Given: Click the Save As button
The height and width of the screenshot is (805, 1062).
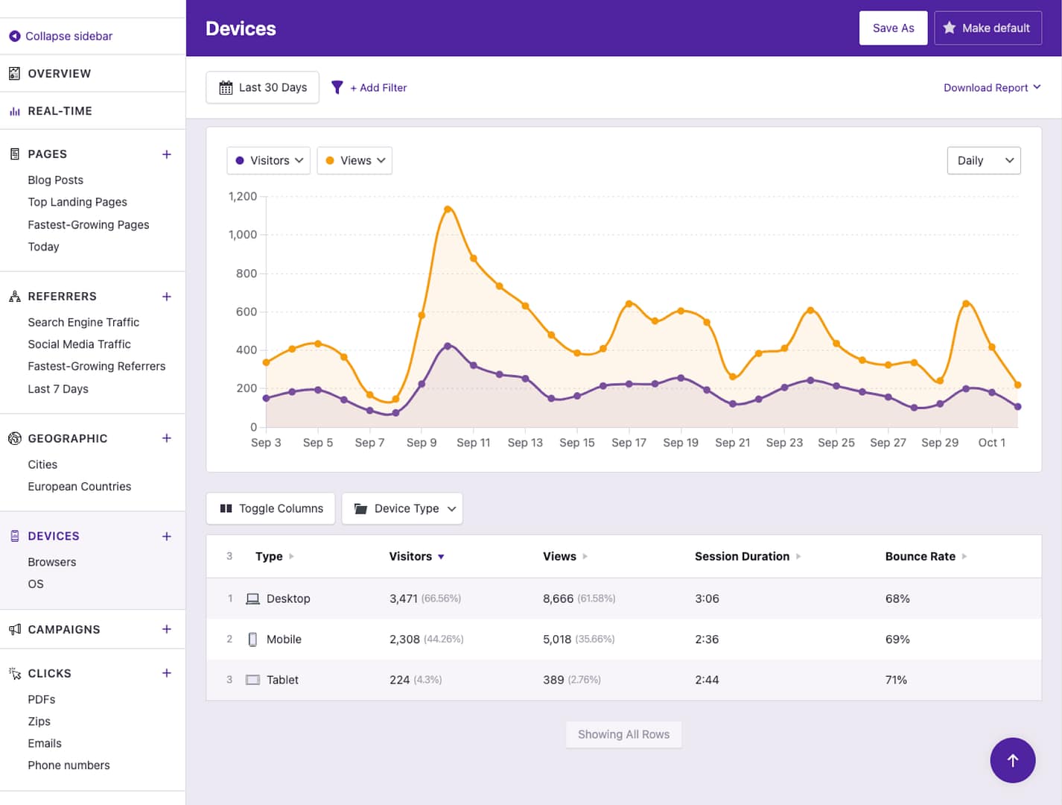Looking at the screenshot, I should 893,28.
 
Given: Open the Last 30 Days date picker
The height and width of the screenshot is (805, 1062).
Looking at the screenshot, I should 262,88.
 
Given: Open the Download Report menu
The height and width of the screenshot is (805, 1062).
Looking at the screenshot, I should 991,88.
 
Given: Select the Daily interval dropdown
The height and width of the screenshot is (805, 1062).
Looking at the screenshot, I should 983,161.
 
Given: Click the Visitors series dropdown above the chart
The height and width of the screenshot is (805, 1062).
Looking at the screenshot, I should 269,161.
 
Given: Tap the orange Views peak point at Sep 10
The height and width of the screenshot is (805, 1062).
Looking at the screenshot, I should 448,209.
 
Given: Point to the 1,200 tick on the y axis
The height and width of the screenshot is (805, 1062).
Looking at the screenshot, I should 243,197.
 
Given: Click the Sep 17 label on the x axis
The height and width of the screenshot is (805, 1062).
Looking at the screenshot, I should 629,443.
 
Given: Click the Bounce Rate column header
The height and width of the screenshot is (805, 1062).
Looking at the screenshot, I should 920,557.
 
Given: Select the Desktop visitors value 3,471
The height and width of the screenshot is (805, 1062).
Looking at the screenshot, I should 404,599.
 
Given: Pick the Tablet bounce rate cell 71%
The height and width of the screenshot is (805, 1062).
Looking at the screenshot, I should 896,681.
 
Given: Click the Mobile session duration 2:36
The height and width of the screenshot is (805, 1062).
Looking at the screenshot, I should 707,640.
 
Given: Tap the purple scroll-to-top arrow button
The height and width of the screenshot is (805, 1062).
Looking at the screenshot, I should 1012,760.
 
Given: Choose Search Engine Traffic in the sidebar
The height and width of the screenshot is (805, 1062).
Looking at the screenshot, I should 83,323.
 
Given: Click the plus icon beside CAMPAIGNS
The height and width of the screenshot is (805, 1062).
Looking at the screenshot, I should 167,630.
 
